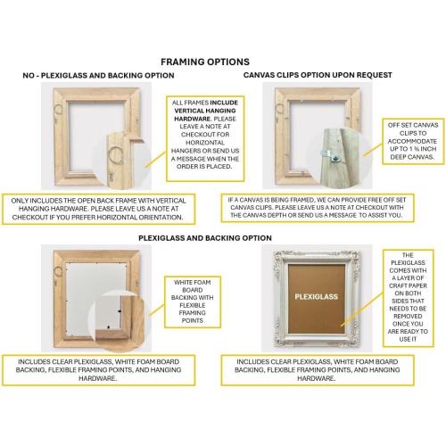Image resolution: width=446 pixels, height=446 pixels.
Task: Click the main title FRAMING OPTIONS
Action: [204, 62]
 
